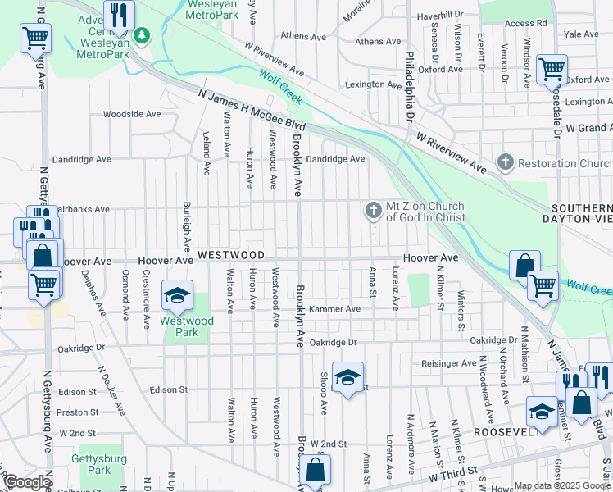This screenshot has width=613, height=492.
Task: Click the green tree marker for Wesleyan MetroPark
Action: pos(143,35)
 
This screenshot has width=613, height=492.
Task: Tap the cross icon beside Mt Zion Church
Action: pos(373,212)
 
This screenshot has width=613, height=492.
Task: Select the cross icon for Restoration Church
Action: pos(506,162)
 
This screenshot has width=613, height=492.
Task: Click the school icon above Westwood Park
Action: pos(177,295)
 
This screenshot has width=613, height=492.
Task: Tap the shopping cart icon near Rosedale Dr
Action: pos(552,69)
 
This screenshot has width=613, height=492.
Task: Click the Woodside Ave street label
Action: pos(131,114)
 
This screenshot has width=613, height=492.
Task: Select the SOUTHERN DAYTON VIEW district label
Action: pos(582,213)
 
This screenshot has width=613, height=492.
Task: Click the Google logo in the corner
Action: pos(27,482)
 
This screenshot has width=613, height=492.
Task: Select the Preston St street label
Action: pos(78,412)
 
